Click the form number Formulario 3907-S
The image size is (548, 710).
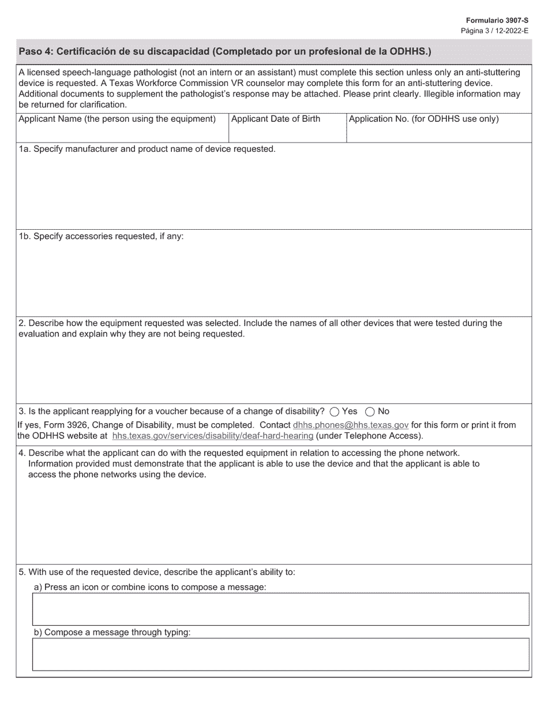(497, 20)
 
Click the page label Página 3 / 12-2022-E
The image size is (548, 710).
(494, 30)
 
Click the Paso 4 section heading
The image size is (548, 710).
(225, 51)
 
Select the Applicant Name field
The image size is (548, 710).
(122, 133)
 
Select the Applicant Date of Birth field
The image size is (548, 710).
(287, 133)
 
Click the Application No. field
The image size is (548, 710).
(438, 133)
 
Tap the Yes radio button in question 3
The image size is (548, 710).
(335, 412)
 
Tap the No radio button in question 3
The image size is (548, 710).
(370, 412)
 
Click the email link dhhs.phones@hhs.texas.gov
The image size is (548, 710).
(351, 425)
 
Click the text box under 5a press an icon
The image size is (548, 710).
(280, 609)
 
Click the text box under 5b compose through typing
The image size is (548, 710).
(280, 654)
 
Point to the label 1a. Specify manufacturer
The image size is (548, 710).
(147, 149)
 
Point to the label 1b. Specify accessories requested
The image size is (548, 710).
(101, 236)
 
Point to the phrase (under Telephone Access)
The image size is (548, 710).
(369, 436)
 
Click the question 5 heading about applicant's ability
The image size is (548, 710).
(157, 572)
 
